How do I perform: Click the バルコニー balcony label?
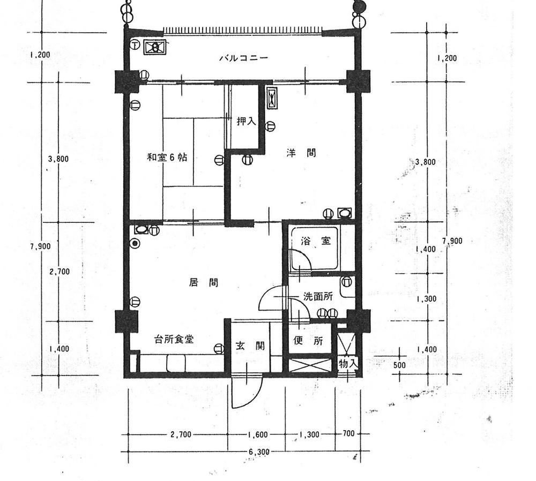[243, 58]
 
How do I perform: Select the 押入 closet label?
[246, 122]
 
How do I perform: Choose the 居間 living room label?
[204, 282]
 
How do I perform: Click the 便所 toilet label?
[308, 341]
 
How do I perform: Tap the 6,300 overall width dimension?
[259, 452]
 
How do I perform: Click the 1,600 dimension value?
[259, 434]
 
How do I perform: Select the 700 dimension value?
[348, 433]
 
